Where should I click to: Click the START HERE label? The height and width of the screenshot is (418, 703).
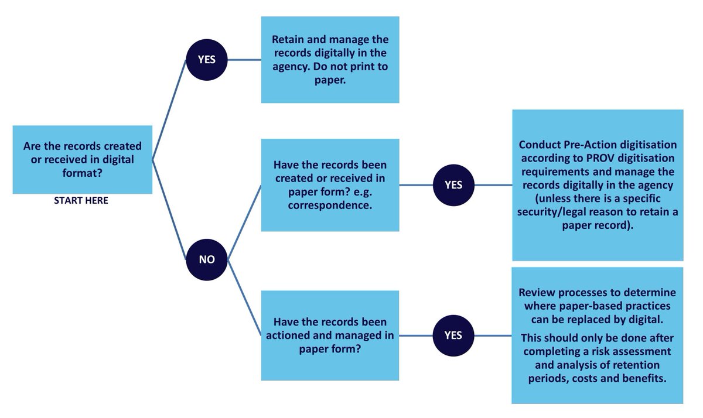[x=81, y=200]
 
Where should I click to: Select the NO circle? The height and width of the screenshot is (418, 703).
[x=206, y=259]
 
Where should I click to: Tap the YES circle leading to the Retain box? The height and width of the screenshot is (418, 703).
[x=206, y=60]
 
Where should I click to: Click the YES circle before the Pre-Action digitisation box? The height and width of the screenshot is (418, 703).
[x=453, y=185]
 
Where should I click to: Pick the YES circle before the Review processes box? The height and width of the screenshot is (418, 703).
[x=453, y=335]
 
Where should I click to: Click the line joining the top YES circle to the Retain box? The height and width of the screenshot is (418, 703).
[x=244, y=60]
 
